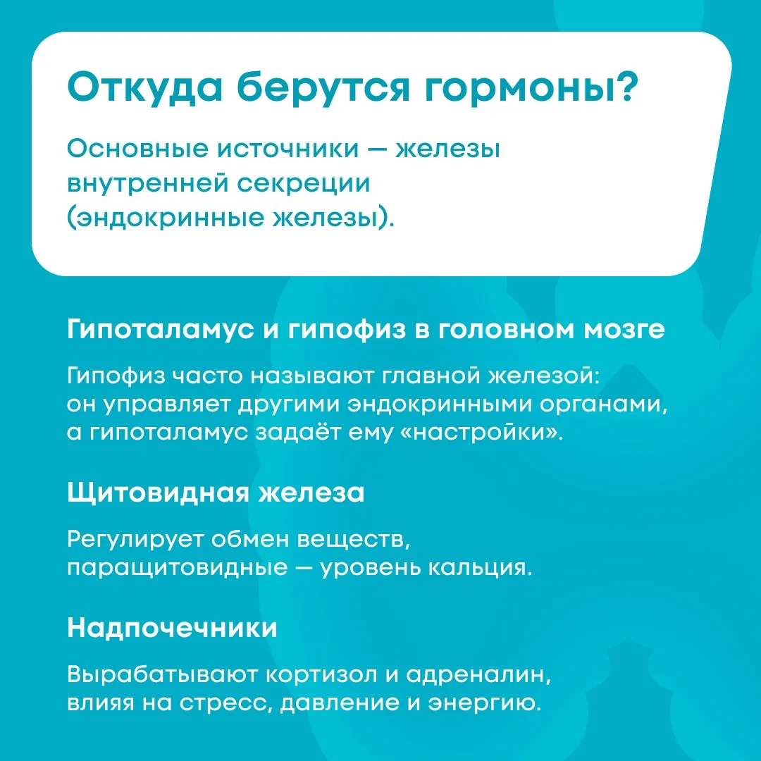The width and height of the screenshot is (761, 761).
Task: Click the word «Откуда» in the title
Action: click(x=144, y=88)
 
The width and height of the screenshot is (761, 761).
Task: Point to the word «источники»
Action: click(x=287, y=149)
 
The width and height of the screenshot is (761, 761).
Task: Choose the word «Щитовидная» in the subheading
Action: click(x=156, y=493)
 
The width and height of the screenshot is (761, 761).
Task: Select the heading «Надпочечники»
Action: click(x=173, y=628)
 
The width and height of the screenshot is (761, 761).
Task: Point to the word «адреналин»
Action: click(x=478, y=675)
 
